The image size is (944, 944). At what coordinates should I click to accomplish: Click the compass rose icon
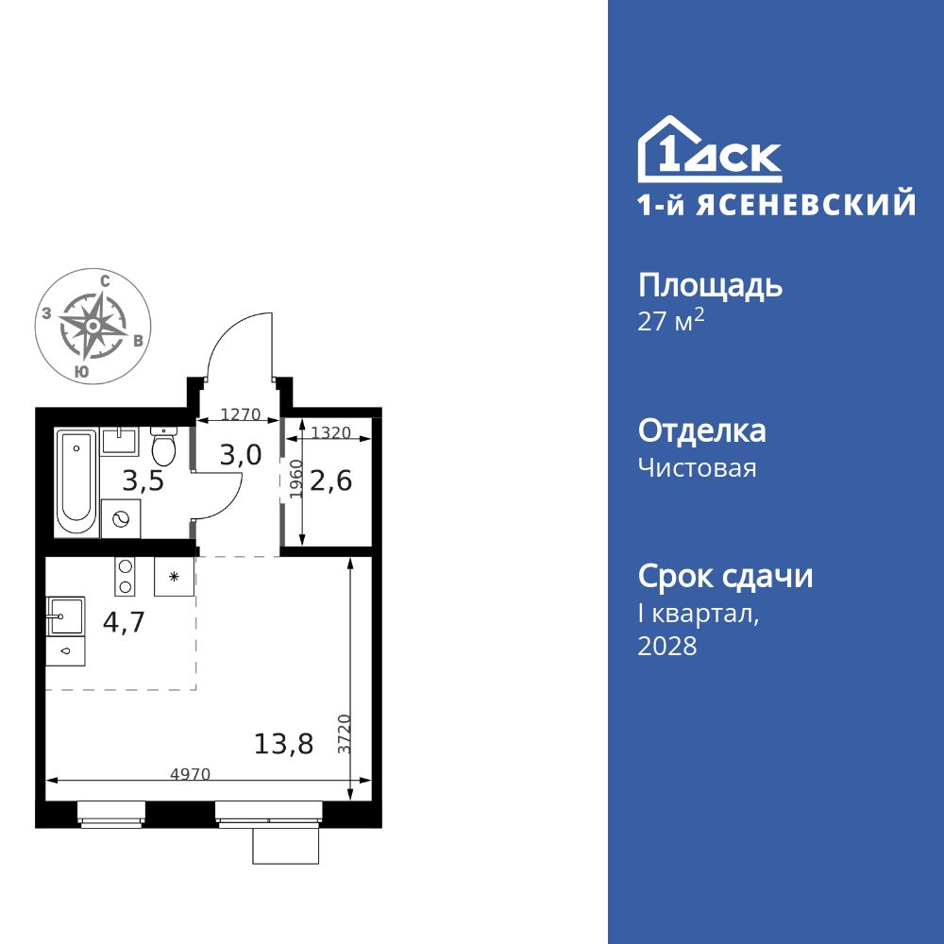click(93, 326)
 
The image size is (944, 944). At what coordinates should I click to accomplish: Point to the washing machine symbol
click(122, 519)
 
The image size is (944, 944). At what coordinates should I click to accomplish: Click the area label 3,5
click(143, 481)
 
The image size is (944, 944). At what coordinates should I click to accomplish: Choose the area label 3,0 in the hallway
click(240, 455)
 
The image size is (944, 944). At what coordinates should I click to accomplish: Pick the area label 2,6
click(331, 481)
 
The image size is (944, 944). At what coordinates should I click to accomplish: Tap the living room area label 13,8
click(284, 745)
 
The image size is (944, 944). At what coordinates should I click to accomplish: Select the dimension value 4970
click(190, 774)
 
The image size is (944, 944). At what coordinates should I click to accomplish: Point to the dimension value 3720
click(346, 733)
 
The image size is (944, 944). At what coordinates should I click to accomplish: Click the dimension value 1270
click(240, 413)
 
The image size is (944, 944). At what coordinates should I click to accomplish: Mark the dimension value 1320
click(330, 432)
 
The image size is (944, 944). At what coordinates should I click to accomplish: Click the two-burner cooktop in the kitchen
click(124, 577)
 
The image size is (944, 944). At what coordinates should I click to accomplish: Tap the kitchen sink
click(65, 615)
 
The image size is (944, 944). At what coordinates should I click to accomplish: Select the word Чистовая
click(698, 467)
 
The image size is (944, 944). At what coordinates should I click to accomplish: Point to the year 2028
click(667, 647)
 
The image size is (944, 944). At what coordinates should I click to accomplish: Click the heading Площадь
click(711, 285)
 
